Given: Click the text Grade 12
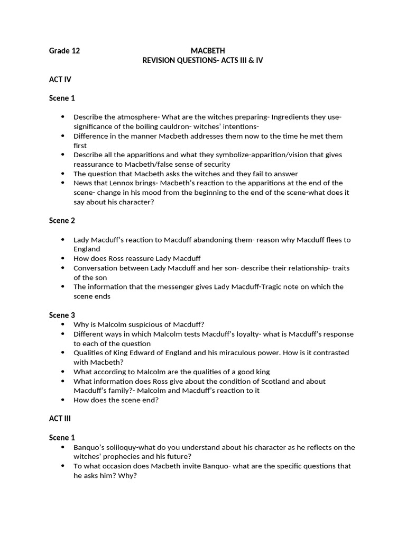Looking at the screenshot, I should (64, 51).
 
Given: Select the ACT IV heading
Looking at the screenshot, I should (60, 79).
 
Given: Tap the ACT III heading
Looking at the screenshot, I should (60, 418).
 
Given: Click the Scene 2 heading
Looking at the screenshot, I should (62, 220).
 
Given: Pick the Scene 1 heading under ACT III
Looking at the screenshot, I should (62, 437).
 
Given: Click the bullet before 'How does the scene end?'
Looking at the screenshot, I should (63, 400).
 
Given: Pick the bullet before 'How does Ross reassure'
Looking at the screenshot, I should (63, 258).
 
